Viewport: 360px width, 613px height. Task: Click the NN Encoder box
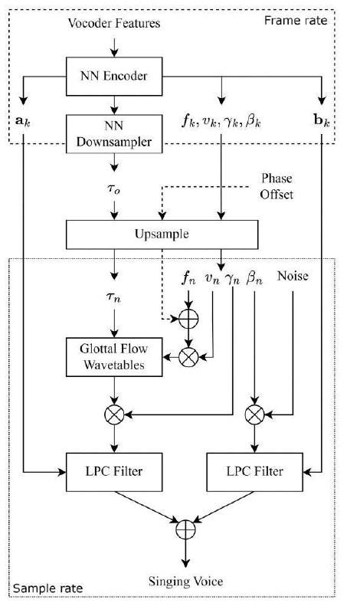click(114, 77)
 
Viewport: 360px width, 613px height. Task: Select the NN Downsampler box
click(114, 133)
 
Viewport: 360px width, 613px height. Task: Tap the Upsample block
click(162, 234)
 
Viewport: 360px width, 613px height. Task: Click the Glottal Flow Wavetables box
click(114, 357)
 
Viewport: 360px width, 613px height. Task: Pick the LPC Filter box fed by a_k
click(114, 472)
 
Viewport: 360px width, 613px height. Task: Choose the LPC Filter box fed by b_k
click(254, 472)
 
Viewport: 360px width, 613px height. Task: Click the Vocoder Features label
click(114, 23)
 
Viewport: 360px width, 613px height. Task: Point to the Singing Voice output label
click(185, 582)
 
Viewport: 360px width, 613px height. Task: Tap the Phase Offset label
click(277, 186)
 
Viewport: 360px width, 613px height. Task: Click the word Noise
click(293, 276)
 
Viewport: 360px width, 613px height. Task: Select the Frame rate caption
click(296, 21)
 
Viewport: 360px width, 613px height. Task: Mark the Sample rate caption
click(47, 588)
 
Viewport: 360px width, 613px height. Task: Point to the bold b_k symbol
click(322, 121)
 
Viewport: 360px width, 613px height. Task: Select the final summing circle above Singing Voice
click(185, 529)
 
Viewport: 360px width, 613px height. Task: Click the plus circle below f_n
click(188, 319)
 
